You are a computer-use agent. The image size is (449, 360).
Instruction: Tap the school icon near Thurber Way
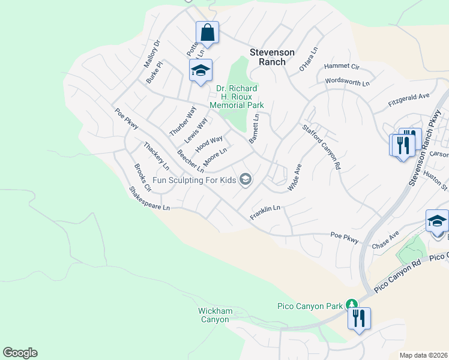[200, 71]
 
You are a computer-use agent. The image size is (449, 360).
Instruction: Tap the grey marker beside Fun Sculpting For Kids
[245, 179]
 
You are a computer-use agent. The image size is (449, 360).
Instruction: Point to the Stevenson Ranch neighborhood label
[268, 57]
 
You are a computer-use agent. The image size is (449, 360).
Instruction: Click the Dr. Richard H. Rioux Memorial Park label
[237, 97]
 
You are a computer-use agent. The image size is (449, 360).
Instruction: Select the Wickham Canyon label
[214, 315]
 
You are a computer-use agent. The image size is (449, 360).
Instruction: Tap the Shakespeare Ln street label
[149, 199]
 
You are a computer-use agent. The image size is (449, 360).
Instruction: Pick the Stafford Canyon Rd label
[321, 146]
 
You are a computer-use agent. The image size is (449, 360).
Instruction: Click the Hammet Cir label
[341, 66]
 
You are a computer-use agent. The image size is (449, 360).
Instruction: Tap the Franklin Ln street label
[265, 212]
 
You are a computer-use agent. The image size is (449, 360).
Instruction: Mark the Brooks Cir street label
[143, 178]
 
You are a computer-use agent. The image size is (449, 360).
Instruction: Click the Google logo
[20, 353]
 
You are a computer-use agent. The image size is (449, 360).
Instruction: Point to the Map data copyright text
[423, 355]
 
